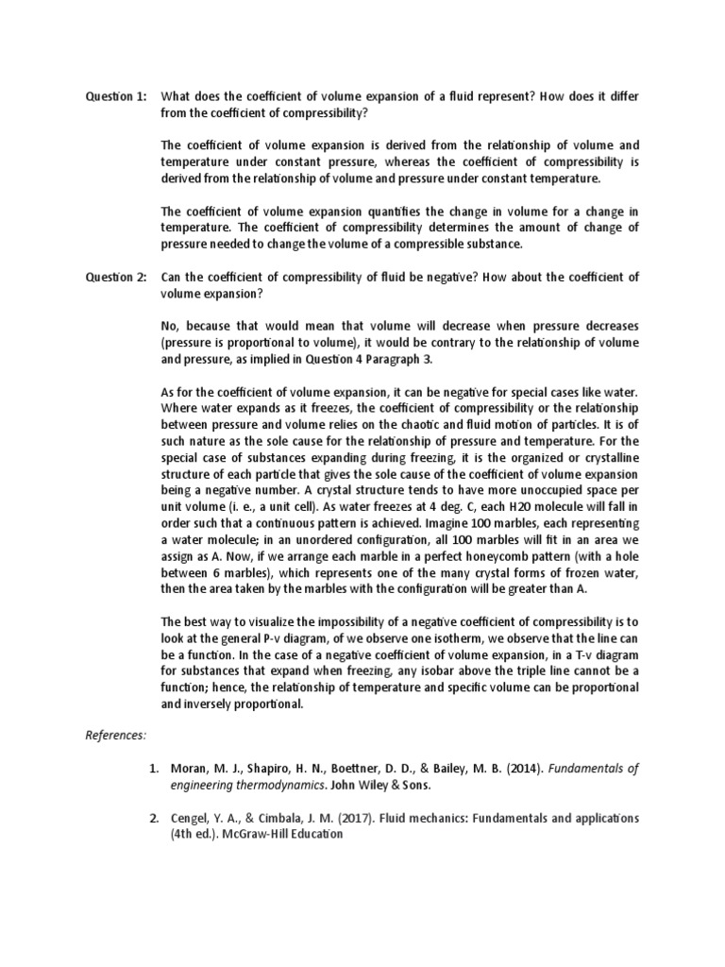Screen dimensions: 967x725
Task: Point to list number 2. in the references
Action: coord(156,818)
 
